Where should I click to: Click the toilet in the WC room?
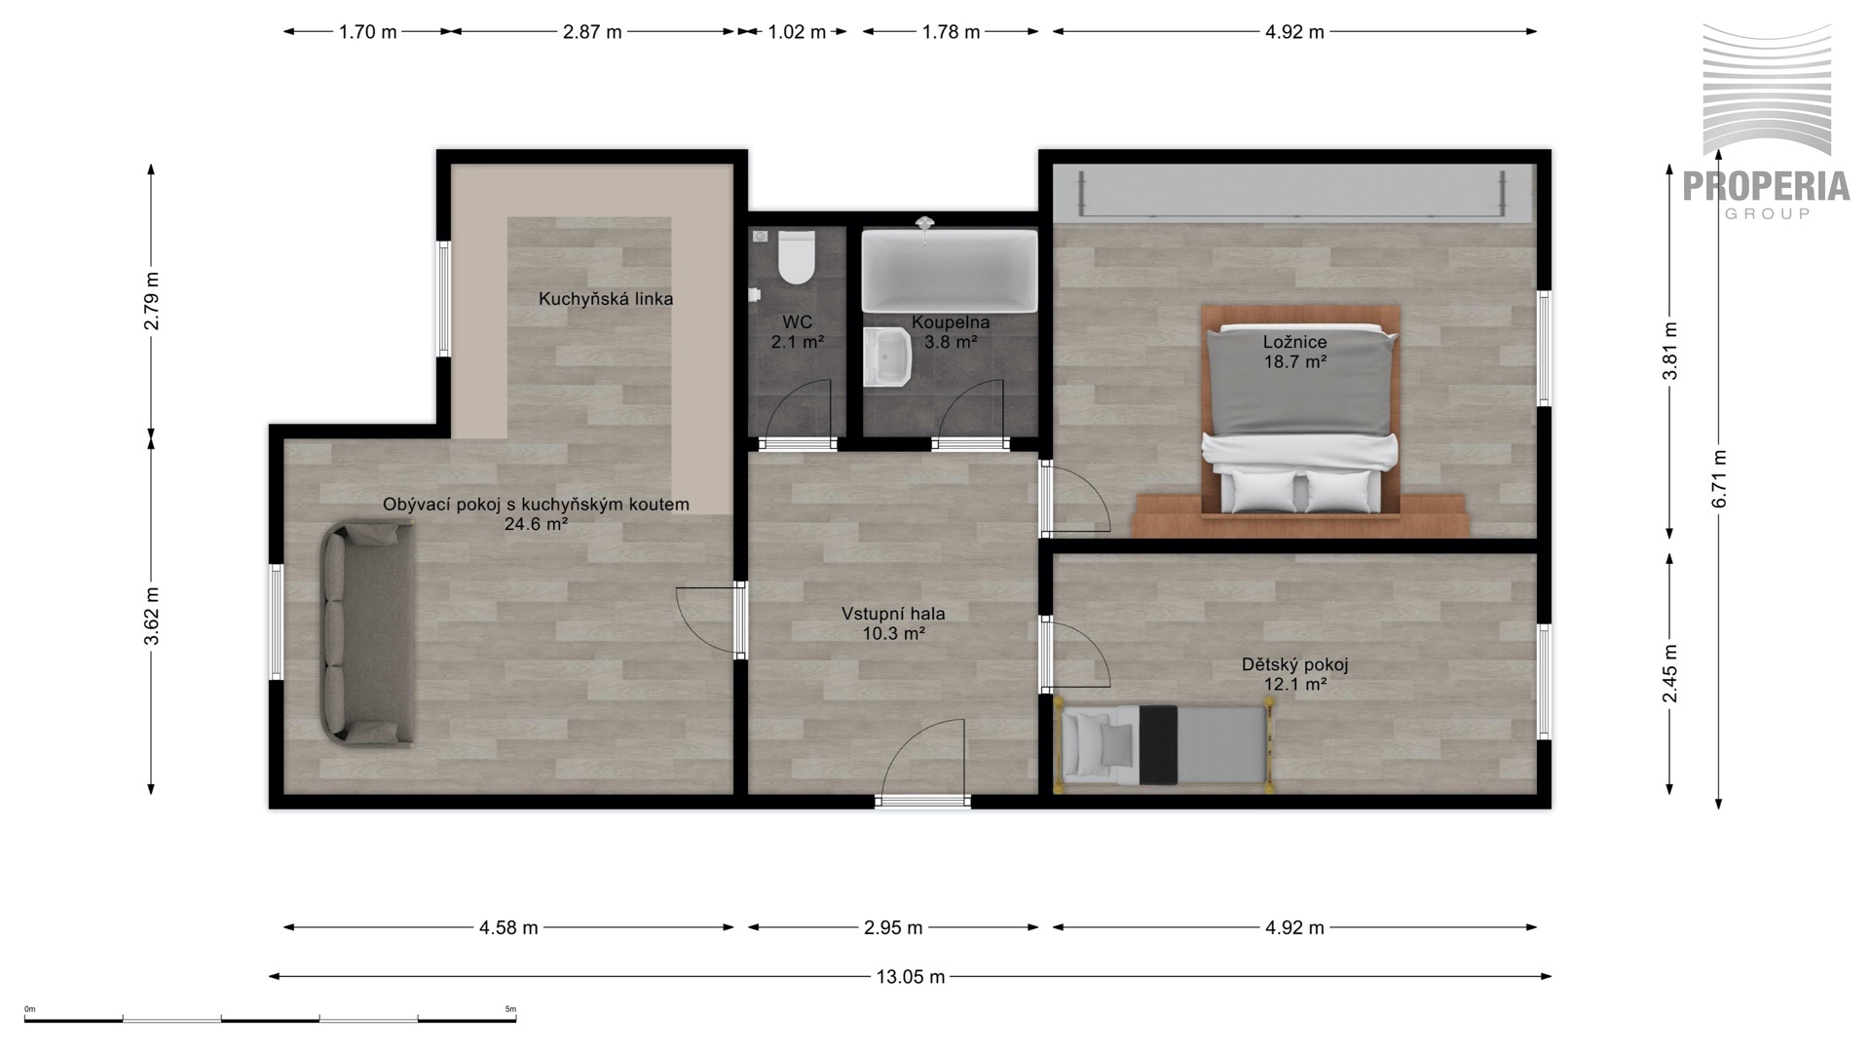coord(796,256)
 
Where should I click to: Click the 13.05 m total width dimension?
coord(910,976)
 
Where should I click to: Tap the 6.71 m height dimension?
coord(1719,478)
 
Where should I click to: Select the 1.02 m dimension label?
coord(797,32)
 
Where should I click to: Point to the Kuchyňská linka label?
coord(606,299)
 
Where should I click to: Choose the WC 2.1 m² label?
coord(798,332)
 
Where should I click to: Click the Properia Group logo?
coord(1767,122)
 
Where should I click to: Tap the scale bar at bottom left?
coord(270,1017)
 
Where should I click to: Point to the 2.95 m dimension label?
coord(893,927)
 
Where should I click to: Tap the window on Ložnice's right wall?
coord(1544,348)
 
